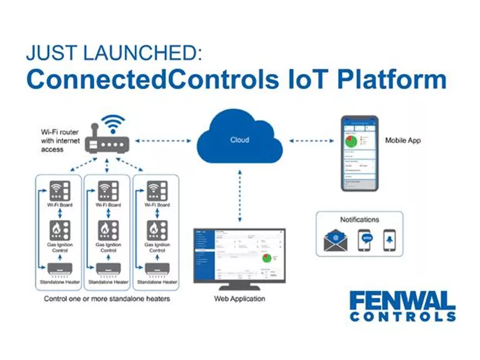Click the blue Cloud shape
tap(239, 140)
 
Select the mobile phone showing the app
tap(359, 153)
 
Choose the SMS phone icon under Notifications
tap(364, 240)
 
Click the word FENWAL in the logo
tap(402, 301)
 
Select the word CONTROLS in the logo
tap(402, 317)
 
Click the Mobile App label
tap(403, 140)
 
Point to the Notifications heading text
tap(359, 219)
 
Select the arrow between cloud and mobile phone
tap(311, 140)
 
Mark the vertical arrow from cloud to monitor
tap(239, 195)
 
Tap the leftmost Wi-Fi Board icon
tap(59, 190)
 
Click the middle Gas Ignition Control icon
tap(108, 230)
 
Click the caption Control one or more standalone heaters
tap(106, 299)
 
